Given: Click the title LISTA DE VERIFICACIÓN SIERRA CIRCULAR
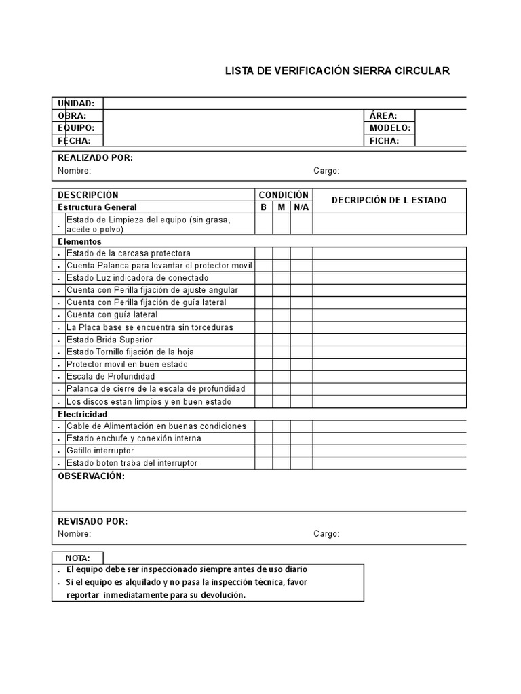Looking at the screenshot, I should pyautogui.click(x=336, y=70).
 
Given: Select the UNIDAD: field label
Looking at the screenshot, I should pyautogui.click(x=80, y=103).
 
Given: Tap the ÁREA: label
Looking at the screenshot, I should pyautogui.click(x=383, y=116).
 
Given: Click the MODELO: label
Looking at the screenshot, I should pyautogui.click(x=390, y=128).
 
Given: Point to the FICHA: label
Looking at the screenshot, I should pyautogui.click(x=384, y=141).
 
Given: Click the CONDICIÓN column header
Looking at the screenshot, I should pyautogui.click(x=284, y=195).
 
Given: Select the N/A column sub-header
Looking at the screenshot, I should pyautogui.click(x=301, y=207).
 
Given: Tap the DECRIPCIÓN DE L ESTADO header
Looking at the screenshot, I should pyautogui.click(x=389, y=201).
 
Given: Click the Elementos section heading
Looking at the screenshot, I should pyautogui.click(x=79, y=241).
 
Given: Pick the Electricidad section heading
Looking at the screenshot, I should pyautogui.click(x=83, y=414).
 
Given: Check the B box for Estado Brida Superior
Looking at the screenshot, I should pyautogui.click(x=264, y=340).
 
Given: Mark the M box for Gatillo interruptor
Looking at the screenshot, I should pyautogui.click(x=282, y=451).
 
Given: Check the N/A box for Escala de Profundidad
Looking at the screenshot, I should pyautogui.click(x=301, y=377).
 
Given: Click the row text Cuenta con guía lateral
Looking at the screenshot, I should pyautogui.click(x=112, y=315).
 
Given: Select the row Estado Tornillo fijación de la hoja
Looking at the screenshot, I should pyautogui.click(x=130, y=352).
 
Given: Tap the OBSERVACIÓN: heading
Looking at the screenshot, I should pyautogui.click(x=92, y=476).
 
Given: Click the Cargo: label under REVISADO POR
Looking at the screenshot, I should pyautogui.click(x=326, y=534).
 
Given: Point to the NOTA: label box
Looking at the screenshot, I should pyautogui.click(x=78, y=558).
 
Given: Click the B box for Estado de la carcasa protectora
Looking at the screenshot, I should pyautogui.click(x=264, y=253).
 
